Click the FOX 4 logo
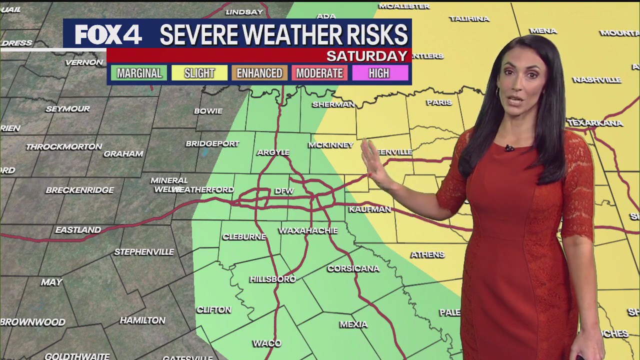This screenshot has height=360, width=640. [108, 34]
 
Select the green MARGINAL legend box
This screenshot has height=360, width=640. [139, 73]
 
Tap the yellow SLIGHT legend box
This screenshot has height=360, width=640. [199, 73]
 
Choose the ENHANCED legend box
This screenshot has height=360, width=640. [259, 73]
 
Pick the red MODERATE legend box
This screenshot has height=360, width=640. [319, 73]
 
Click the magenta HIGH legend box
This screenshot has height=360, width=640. [379, 73]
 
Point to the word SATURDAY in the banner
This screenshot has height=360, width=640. [367, 55]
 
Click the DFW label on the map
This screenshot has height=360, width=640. [284, 191]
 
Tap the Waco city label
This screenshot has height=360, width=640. [267, 343]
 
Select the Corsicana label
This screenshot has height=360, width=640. [353, 268]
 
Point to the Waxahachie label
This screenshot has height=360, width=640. [308, 230]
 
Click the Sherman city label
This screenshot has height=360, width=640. [333, 104]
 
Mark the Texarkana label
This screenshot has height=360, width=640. [595, 123]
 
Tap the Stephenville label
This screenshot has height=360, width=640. [144, 252]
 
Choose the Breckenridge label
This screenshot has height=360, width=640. [80, 190]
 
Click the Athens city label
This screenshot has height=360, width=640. [427, 255]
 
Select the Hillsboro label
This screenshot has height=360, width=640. [272, 279]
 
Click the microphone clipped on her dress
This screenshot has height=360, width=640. [509, 148]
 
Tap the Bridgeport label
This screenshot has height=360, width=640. [212, 143]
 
